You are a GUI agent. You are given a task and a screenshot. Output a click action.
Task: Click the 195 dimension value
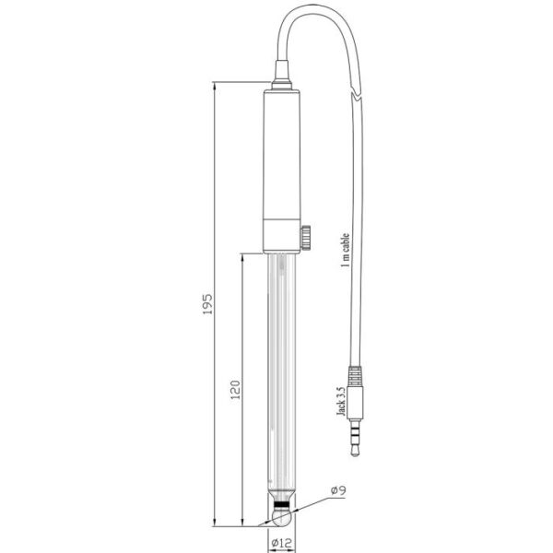coord(207,303)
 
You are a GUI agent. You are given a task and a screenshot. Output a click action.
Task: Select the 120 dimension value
coord(235,390)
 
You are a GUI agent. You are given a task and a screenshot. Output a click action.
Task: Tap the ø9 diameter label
coord(338,490)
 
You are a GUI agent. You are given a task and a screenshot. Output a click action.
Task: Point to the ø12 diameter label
coord(282,543)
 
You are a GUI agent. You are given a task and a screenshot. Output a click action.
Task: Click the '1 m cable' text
coord(346,250)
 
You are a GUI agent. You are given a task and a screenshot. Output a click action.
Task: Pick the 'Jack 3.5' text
coord(341,402)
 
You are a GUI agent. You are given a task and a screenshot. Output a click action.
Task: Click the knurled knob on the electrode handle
coord(305,238)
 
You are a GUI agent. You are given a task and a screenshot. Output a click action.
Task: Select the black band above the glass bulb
coord(282,504)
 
